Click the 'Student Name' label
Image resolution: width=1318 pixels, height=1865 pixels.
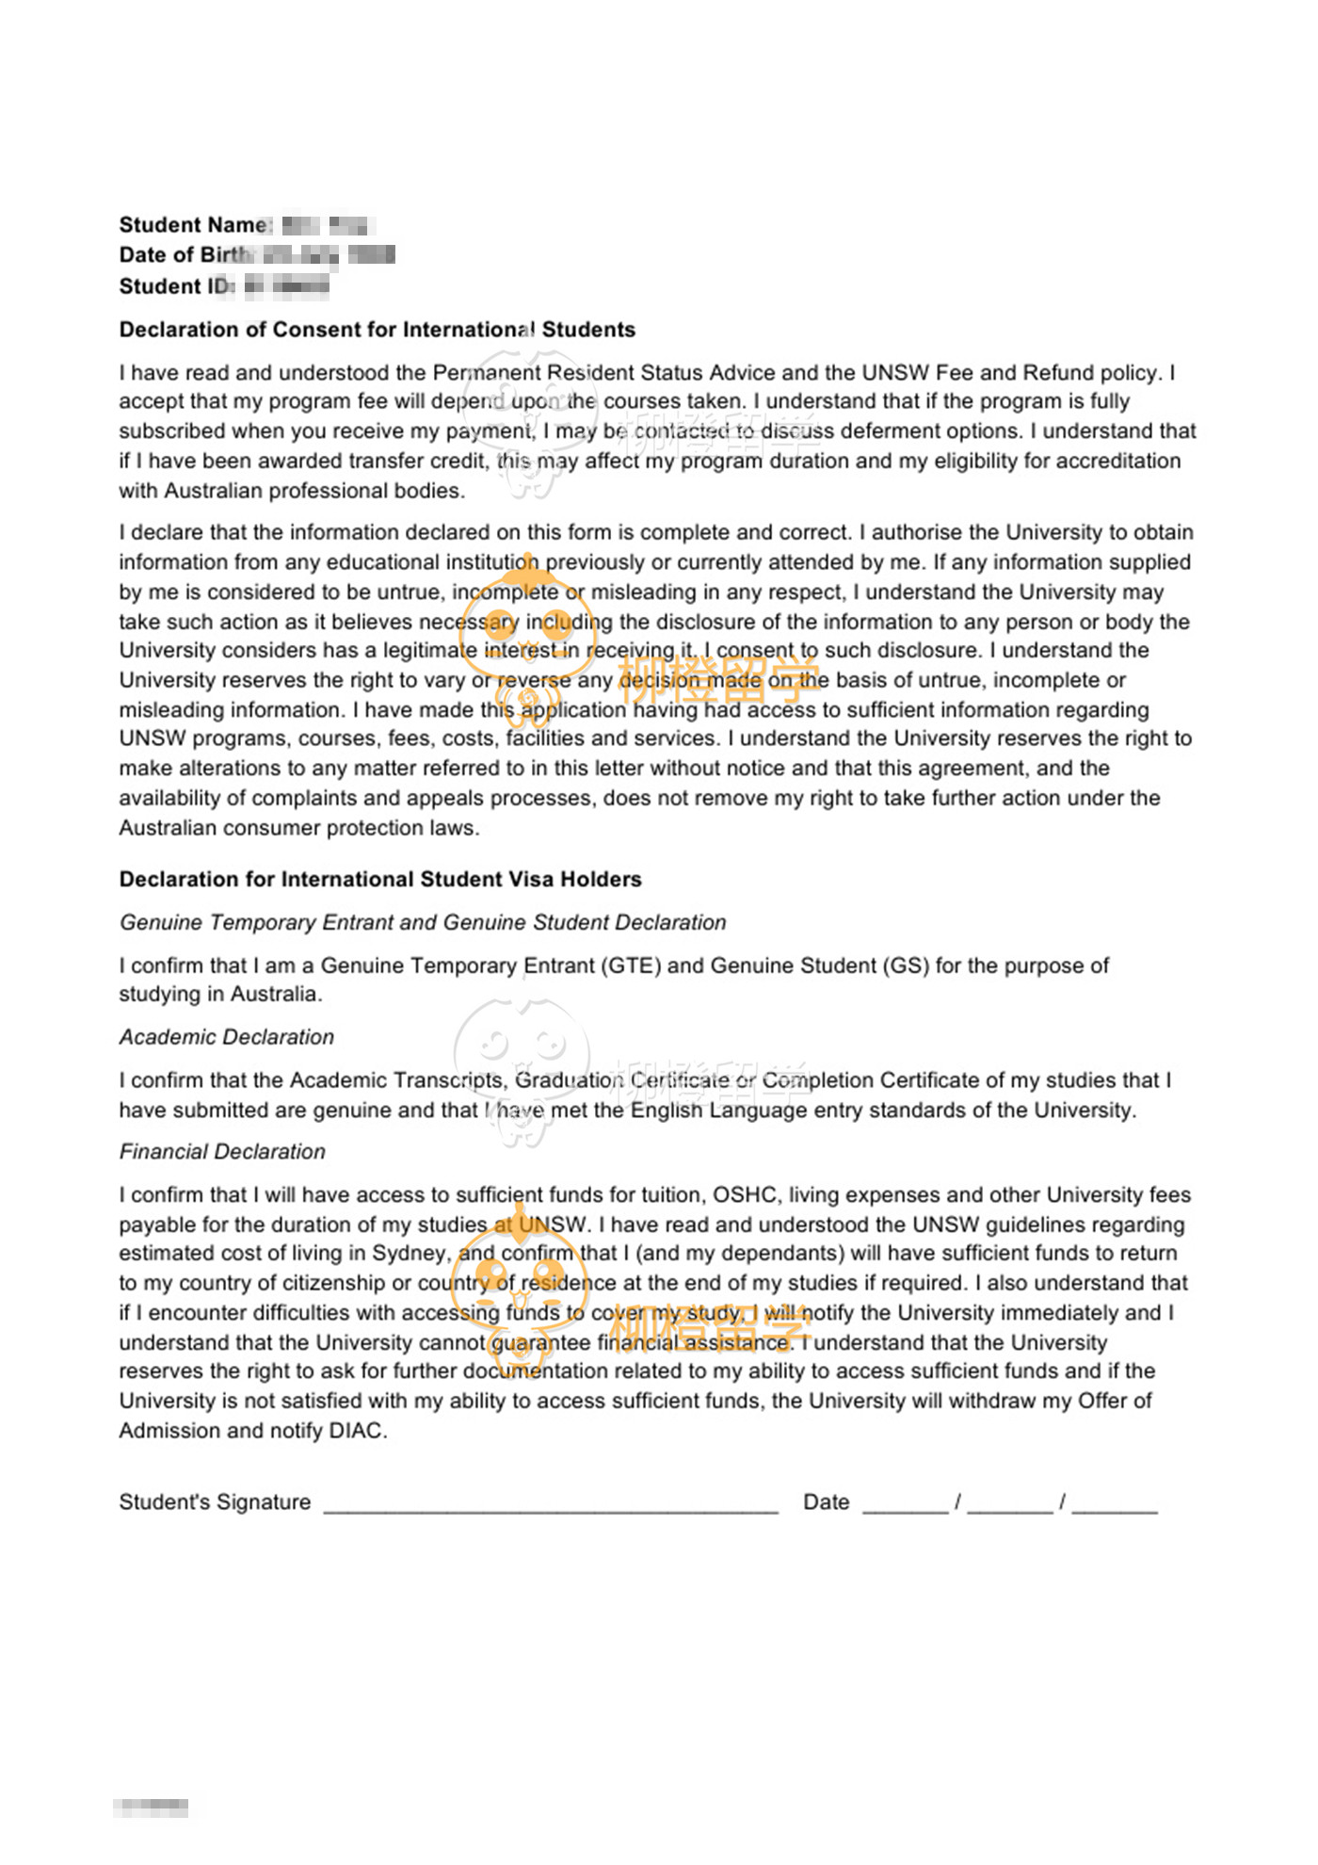coord(193,225)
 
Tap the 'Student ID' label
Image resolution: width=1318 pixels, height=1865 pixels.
coord(175,286)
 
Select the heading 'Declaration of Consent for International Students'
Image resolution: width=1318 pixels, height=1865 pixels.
coord(377,330)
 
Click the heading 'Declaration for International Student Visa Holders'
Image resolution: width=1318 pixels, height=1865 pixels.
coord(380,880)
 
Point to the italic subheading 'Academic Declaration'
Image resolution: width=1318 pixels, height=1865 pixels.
coord(226,1037)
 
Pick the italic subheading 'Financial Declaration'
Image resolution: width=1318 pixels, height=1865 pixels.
coord(222,1152)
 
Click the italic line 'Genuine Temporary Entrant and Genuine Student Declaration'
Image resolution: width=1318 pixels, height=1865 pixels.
coord(423,923)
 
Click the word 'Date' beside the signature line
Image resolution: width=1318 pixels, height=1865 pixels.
coord(826,1502)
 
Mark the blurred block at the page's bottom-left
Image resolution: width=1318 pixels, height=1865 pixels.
coord(151,1808)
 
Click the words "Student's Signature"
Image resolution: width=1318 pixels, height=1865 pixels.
coord(215,1502)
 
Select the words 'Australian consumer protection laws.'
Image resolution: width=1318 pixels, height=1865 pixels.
coord(299,829)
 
